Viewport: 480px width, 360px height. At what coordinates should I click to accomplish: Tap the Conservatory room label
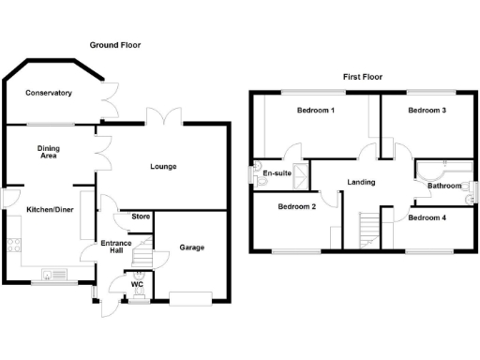[x=49, y=93]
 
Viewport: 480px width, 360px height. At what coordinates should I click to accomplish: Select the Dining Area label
[x=49, y=151]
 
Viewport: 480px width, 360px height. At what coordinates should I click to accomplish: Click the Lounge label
[x=163, y=167]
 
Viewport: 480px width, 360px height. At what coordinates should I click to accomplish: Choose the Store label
[x=141, y=217]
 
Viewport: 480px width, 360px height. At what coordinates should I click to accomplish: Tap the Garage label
[x=191, y=247]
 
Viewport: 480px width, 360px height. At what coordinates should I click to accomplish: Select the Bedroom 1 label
[x=316, y=111]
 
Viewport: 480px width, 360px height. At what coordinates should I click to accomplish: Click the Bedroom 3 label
[x=427, y=111]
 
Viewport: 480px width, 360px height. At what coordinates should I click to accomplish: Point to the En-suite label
[x=276, y=173]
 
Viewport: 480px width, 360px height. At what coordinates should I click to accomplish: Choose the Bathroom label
[x=444, y=186]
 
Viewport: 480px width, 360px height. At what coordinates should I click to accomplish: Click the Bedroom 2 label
[x=295, y=207]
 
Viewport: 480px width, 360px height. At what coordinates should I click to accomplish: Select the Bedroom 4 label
[x=427, y=218]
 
